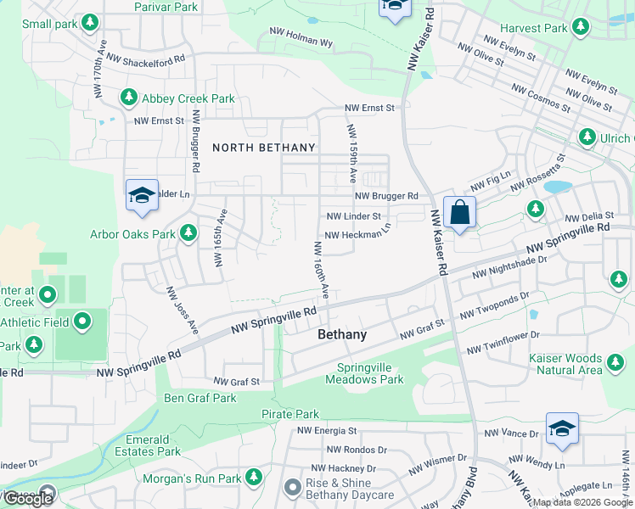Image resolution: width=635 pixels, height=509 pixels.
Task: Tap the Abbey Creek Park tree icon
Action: coord(130,98)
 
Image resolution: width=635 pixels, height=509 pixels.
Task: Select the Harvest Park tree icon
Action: coord(581,28)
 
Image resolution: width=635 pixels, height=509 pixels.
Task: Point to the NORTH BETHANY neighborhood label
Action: coord(263,148)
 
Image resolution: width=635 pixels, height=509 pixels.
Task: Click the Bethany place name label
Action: coord(342,335)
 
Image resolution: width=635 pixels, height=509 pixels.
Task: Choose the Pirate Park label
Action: coord(289,414)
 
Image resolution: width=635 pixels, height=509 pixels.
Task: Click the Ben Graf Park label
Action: coord(200,398)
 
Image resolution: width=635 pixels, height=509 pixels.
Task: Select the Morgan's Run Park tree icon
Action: coord(252,478)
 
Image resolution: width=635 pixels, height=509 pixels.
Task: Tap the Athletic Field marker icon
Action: coord(82,322)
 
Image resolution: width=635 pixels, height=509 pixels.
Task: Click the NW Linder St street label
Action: coord(354,217)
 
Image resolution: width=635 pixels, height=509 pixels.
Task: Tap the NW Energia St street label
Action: coord(327,432)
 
